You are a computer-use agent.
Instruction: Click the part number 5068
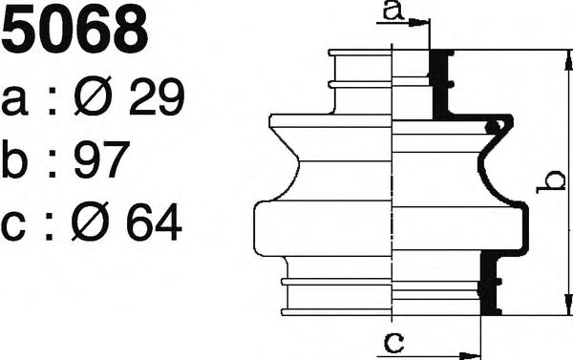74,31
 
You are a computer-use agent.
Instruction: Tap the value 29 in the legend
157,96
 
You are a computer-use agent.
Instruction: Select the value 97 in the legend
102,159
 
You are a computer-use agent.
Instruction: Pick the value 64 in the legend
154,222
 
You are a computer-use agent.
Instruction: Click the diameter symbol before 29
94,96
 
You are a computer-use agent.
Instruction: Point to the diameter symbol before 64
91,222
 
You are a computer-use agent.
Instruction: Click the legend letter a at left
14,101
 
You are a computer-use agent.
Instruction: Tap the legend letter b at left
14,159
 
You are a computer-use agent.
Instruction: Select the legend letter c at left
13,226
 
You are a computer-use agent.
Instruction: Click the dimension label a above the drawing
393,11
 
